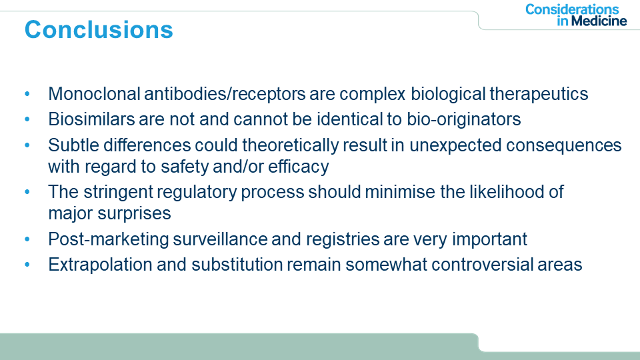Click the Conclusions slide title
coord(99,30)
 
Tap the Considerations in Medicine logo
coord(576,15)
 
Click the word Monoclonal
coord(94,94)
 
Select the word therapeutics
coord(539,94)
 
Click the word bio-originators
coord(464,119)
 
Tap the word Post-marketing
coord(108,239)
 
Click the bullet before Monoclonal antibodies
coord(27,94)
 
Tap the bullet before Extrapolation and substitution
coord(27,265)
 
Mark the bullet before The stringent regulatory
coord(27,192)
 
